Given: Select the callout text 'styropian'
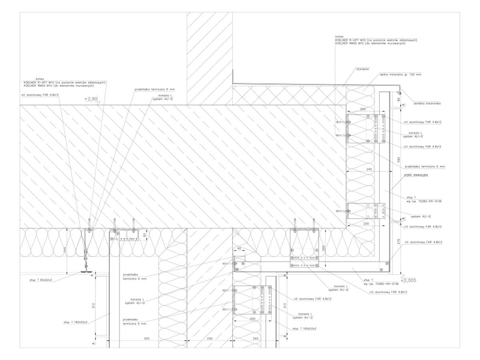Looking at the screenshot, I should point(360,70).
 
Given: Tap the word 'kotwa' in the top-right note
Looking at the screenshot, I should point(339,35).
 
